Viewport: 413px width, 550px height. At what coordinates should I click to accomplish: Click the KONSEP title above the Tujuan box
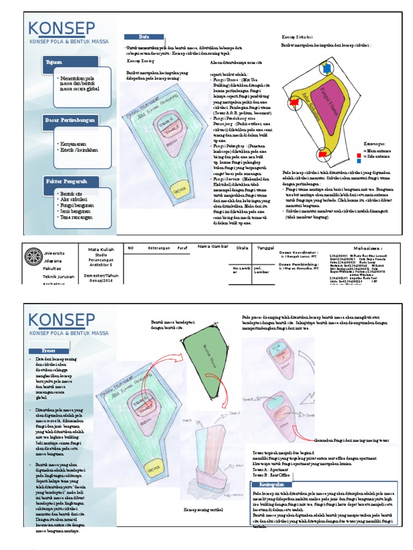[62, 28]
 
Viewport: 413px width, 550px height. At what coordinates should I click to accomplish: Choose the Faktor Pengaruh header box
[67, 182]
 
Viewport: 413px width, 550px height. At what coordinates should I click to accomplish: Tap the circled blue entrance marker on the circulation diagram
[325, 67]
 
